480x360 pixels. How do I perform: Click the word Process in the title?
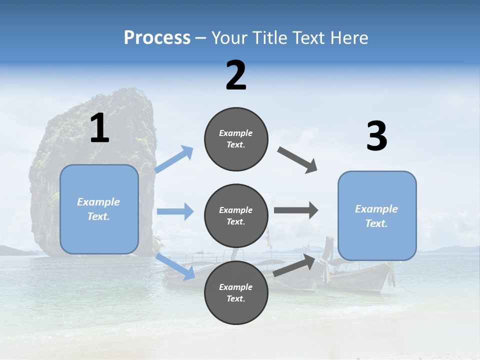(157, 37)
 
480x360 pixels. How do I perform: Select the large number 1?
(99, 128)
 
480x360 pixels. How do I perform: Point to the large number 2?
(236, 75)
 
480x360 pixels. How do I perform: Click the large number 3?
(376, 136)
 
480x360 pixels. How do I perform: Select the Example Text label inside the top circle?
(236, 139)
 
